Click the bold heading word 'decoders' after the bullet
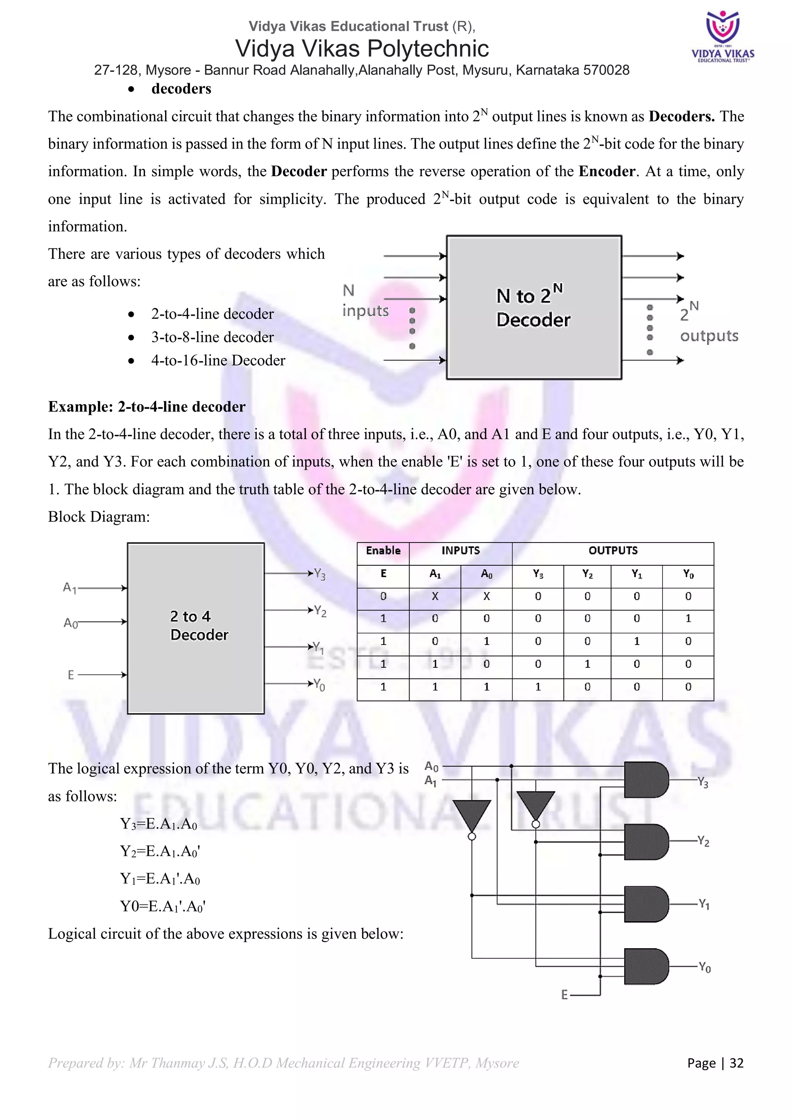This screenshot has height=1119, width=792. point(181,89)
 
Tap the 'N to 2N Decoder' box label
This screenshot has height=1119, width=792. point(533,308)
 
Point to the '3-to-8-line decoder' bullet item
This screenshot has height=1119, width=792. point(212,337)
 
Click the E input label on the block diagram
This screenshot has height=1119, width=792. point(71,675)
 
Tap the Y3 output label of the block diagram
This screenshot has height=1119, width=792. point(319,574)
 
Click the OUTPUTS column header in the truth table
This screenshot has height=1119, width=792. point(613,551)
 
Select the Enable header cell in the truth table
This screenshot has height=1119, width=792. point(383,551)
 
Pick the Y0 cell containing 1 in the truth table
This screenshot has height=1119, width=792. point(688,619)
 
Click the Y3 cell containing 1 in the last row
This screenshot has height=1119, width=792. point(538,687)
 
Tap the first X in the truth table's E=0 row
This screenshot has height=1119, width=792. point(435,596)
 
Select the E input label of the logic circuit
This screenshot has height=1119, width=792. point(564,995)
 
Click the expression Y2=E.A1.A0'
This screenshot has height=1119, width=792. point(160,852)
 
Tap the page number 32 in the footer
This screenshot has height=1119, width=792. point(736,1063)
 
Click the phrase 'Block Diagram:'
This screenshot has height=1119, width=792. point(99,517)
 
